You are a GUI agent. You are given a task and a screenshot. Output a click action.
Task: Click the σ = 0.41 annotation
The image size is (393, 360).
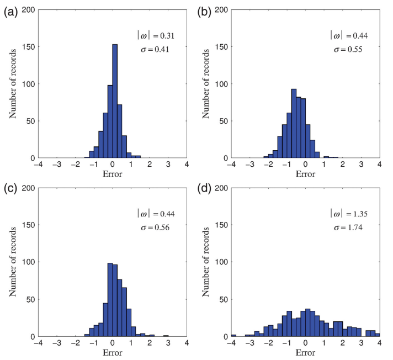click(x=157, y=49)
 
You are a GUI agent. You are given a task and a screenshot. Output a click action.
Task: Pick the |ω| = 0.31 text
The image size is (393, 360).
click(x=157, y=35)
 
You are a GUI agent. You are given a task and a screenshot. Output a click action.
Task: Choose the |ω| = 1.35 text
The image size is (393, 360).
click(x=350, y=213)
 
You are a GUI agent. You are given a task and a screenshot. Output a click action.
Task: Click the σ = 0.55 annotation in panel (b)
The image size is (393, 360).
click(x=350, y=49)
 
